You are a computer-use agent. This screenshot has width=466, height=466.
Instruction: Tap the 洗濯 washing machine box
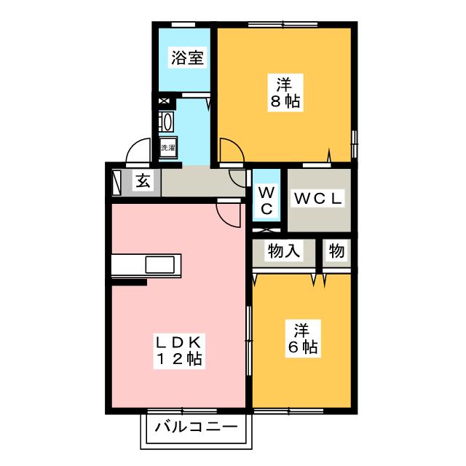pyautogui.click(x=168, y=147)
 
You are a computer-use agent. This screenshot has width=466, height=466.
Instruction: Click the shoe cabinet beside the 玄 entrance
pyautogui.click(x=118, y=181)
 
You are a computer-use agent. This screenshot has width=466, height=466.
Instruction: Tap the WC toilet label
pyautogui.click(x=266, y=200)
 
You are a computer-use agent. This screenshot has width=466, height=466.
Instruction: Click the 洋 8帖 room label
pyautogui.click(x=285, y=92)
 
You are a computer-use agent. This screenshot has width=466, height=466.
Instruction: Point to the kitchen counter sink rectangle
pyautogui.click(x=162, y=264)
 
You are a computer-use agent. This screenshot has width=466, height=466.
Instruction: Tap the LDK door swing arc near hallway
pyautogui.click(x=229, y=212)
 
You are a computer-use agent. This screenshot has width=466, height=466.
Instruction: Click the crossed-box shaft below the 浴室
pyautogui.click(x=162, y=102)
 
